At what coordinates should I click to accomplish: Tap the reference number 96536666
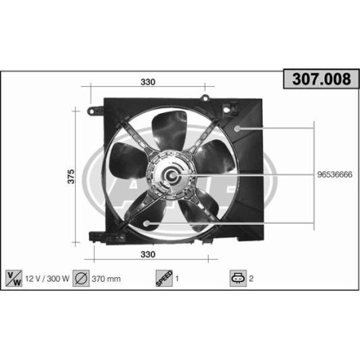[335, 174]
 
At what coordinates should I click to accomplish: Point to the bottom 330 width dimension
[147, 255]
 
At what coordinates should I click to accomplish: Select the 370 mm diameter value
[106, 280]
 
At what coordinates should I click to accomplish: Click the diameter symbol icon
[80, 280]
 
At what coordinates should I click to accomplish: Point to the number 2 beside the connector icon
[253, 280]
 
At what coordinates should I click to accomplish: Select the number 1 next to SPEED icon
[177, 280]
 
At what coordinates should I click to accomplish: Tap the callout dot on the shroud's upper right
[240, 127]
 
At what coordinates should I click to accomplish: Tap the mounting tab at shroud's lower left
[97, 237]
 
